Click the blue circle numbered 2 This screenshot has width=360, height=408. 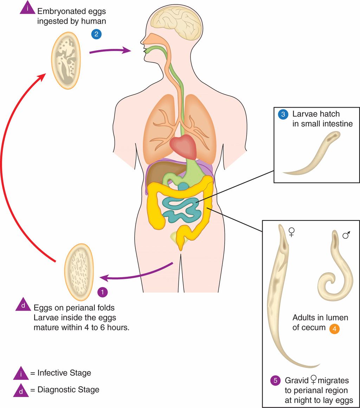click(96, 34)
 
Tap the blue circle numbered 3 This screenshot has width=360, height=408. click(282, 114)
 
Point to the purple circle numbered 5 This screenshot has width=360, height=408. click(275, 381)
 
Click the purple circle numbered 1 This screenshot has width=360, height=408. click(102, 292)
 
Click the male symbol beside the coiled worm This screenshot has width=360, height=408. click(346, 235)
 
